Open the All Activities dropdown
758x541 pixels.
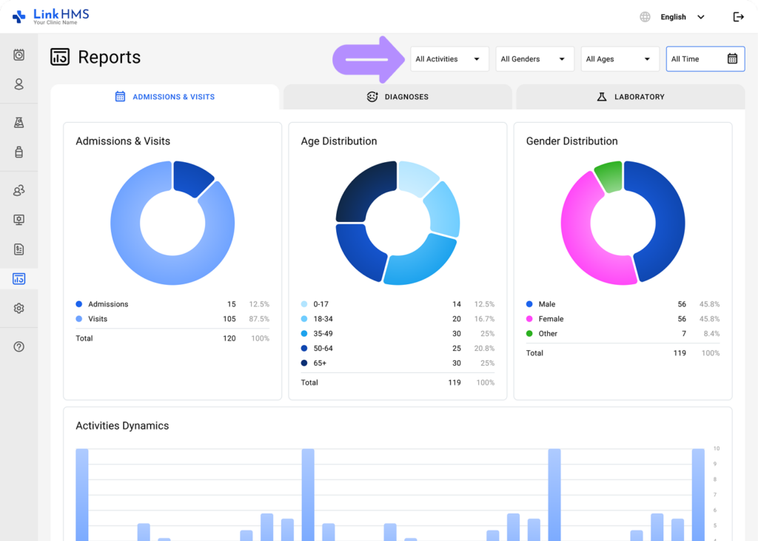pos(449,59)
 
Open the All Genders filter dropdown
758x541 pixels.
pos(534,59)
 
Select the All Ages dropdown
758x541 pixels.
pos(619,59)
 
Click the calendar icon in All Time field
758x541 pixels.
pos(732,59)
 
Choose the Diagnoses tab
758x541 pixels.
pos(398,97)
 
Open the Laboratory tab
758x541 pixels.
pos(630,97)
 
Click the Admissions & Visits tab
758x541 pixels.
pos(164,97)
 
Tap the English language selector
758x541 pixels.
pos(674,17)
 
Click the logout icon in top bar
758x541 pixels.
pos(738,17)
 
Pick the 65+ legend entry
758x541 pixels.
pos(319,363)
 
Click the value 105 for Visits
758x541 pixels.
pos(229,319)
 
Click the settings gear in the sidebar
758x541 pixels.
pos(19,309)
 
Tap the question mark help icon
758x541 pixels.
pos(19,346)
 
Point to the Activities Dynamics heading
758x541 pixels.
pos(122,426)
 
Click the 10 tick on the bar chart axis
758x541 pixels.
pos(716,448)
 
